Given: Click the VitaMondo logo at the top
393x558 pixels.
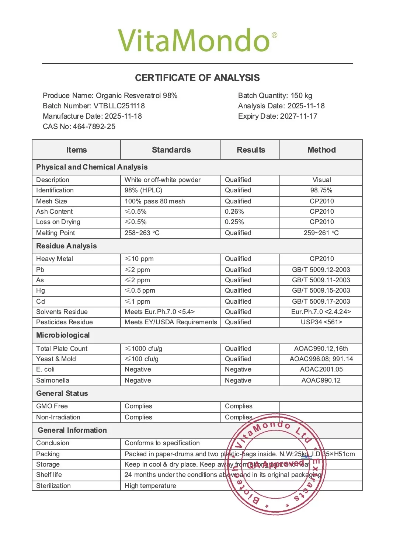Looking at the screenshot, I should click(197, 40).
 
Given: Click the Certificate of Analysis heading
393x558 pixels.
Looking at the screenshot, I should click(197, 78).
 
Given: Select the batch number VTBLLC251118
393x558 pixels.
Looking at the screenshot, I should click(119, 106).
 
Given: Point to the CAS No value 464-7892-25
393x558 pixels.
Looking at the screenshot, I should click(94, 127).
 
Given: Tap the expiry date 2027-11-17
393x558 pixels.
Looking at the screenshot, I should click(299, 116).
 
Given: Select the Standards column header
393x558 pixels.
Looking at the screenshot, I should click(171, 150).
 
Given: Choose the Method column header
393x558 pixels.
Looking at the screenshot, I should click(321, 150).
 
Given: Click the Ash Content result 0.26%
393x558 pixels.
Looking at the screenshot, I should click(234, 212).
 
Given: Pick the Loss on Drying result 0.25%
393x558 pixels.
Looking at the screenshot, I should click(234, 222).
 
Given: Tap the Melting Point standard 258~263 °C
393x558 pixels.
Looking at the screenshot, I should click(142, 233).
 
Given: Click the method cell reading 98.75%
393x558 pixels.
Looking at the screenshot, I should click(321, 190).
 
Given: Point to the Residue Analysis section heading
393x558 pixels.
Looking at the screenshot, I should click(66, 246).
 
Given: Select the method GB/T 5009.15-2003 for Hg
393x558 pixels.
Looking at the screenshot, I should click(321, 290).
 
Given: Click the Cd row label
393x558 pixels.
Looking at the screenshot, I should click(41, 301).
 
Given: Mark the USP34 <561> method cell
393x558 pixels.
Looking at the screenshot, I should click(321, 322).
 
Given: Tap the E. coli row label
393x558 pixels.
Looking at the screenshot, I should click(45, 369).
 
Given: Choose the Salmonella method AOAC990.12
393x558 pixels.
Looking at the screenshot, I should click(321, 380).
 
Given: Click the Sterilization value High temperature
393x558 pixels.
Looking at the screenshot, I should click(150, 486).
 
